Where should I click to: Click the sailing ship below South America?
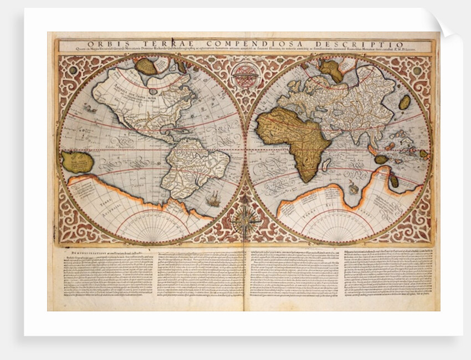[213, 199]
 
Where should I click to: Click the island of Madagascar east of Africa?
[327, 164]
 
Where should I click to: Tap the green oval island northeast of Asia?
[405, 102]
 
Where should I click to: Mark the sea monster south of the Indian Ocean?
[353, 189]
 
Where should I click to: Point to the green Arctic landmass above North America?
[146, 66]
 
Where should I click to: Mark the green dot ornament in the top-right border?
[417, 70]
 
